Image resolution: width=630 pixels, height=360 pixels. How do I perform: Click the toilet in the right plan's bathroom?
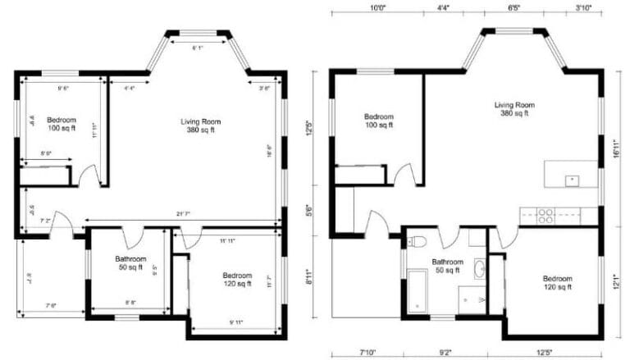point(417,241)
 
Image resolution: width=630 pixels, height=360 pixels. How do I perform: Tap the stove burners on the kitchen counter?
point(545,216)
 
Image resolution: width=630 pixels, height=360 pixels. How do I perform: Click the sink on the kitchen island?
point(572,179)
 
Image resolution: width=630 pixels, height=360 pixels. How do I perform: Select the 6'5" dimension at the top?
point(514,7)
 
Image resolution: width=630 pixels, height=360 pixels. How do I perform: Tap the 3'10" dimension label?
point(583,7)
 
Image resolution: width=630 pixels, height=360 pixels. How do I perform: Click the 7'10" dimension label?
point(366,354)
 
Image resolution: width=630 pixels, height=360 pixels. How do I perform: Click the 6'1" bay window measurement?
point(198,49)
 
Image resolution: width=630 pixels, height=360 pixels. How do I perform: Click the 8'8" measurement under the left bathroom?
point(130,303)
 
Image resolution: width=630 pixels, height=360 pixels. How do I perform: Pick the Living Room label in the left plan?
point(201,125)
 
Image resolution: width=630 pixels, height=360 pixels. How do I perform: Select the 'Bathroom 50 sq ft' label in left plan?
point(129,262)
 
